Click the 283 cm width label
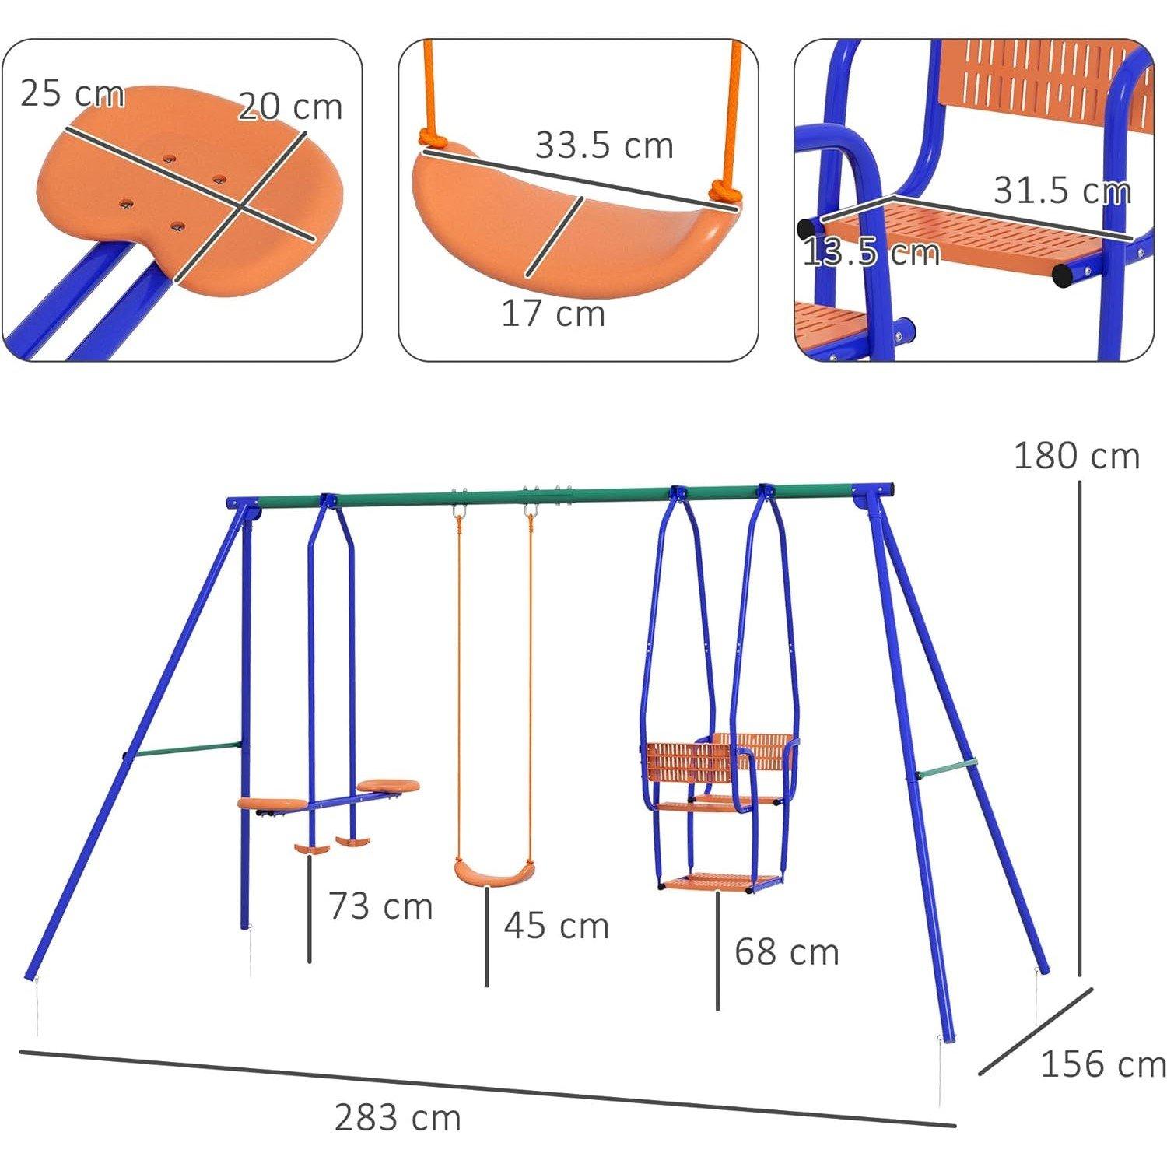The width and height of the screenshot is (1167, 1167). pos(398,1118)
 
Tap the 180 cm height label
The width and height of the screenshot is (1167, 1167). pos(1077,456)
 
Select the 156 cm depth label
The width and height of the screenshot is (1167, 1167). pos(1102,1064)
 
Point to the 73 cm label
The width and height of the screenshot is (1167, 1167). pos(380,906)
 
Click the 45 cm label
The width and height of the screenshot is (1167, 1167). pos(555,926)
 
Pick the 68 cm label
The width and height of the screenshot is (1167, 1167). pos(787,951)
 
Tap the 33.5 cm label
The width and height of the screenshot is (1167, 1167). pos(604,145)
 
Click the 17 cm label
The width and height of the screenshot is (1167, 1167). pos(552,314)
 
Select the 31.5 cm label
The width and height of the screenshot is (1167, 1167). pos(1062,191)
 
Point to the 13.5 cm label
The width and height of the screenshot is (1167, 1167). pos(870,253)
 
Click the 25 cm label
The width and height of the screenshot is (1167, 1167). pos(72,93)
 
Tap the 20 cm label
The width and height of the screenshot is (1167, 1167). pos(289,107)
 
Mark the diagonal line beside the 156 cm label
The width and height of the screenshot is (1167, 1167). pos(1036,1032)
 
